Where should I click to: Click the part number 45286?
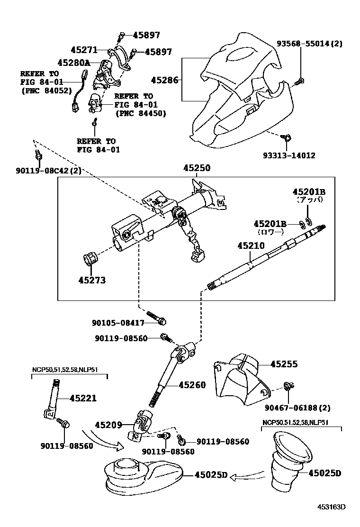[x=164, y=80]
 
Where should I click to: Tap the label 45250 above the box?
[x=197, y=168]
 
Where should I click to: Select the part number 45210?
[x=251, y=245]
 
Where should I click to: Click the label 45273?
[x=92, y=280]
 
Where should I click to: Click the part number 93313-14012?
[x=289, y=155]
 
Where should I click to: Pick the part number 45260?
[x=192, y=385]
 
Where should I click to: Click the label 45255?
[x=284, y=364]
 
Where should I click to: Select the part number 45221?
[x=83, y=398]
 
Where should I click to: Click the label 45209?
[x=108, y=425]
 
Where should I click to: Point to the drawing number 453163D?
[x=331, y=507]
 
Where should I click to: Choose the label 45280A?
[x=73, y=63]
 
